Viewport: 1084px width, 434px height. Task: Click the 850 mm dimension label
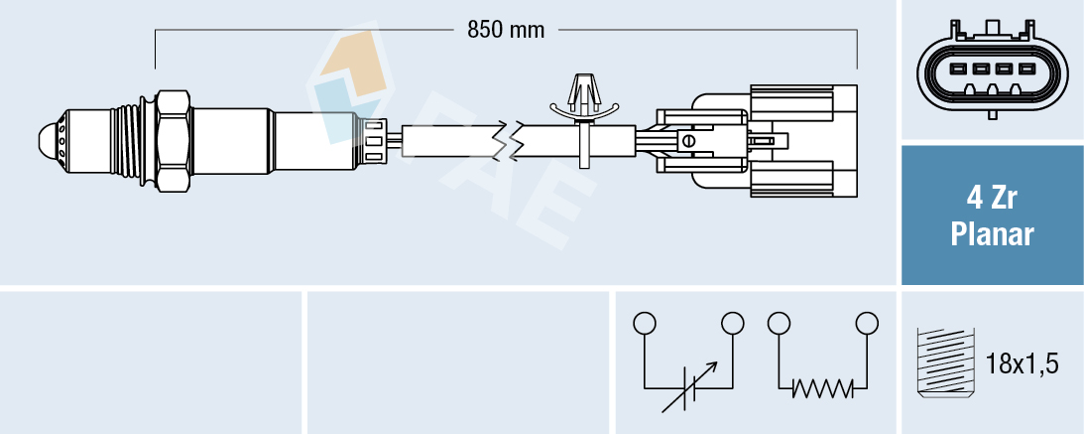click(506, 30)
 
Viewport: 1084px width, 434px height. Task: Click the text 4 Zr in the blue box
click(992, 199)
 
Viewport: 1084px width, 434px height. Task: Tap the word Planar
click(992, 235)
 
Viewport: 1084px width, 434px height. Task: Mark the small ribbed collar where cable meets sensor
click(375, 140)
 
